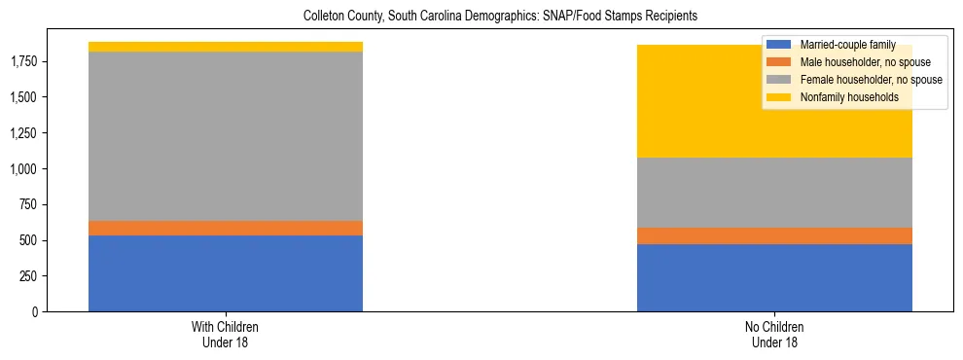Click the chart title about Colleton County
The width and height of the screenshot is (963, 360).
pyautogui.click(x=500, y=17)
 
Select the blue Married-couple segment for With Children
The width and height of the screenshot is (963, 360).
pyautogui.click(x=226, y=273)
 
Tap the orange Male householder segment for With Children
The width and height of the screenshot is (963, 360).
pyautogui.click(x=226, y=228)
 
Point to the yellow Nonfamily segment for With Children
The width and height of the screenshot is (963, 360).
pyautogui.click(x=226, y=47)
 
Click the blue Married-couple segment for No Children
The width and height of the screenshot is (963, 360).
pyautogui.click(x=774, y=277)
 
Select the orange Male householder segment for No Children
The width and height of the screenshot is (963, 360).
pyautogui.click(x=774, y=235)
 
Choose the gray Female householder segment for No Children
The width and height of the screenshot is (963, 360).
pyautogui.click(x=774, y=193)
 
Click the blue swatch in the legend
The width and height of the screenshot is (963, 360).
pyautogui.click(x=779, y=45)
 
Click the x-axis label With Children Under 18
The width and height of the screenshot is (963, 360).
pyautogui.click(x=226, y=334)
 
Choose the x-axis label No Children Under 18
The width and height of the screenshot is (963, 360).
pyautogui.click(x=774, y=334)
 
